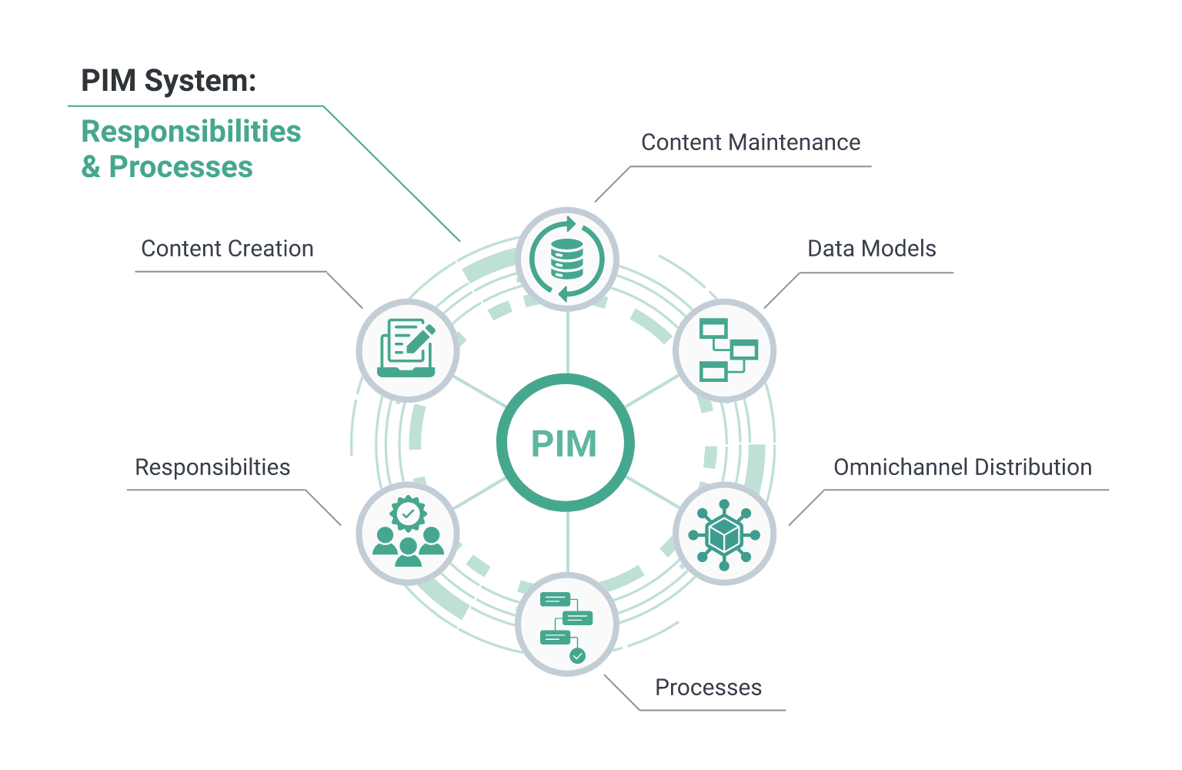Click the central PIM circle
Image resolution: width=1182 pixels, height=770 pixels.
pyautogui.click(x=566, y=443)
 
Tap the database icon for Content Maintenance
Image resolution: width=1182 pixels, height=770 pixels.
pyautogui.click(x=567, y=259)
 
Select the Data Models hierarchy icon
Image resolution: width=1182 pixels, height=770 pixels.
pyautogui.click(x=725, y=350)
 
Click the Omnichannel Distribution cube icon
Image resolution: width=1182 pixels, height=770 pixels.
pyautogui.click(x=724, y=534)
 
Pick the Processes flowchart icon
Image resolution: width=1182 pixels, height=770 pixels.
pyautogui.click(x=566, y=624)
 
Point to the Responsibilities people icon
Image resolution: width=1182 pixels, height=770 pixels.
pyautogui.click(x=408, y=534)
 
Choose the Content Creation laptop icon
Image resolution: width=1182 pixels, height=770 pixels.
pyautogui.click(x=408, y=350)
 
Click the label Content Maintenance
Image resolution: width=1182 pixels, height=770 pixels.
pyautogui.click(x=750, y=142)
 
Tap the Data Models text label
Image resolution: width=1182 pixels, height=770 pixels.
pyautogui.click(x=871, y=249)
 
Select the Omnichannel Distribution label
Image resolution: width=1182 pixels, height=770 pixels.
pyautogui.click(x=963, y=467)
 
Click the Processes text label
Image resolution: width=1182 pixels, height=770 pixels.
pyautogui.click(x=708, y=688)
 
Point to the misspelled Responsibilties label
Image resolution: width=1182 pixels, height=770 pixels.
pyautogui.click(x=212, y=467)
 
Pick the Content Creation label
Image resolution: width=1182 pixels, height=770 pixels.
pyautogui.click(x=227, y=249)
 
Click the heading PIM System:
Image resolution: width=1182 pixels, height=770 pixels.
pyautogui.click(x=169, y=80)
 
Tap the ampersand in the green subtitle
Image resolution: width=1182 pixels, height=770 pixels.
pyautogui.click(x=91, y=167)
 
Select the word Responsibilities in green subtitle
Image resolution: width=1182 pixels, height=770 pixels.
pyautogui.click(x=191, y=132)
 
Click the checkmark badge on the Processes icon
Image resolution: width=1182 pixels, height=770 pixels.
pyautogui.click(x=577, y=655)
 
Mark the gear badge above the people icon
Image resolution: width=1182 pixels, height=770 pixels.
pyautogui.click(x=408, y=513)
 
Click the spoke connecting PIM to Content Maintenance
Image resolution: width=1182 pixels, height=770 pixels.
pyautogui.click(x=567, y=342)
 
